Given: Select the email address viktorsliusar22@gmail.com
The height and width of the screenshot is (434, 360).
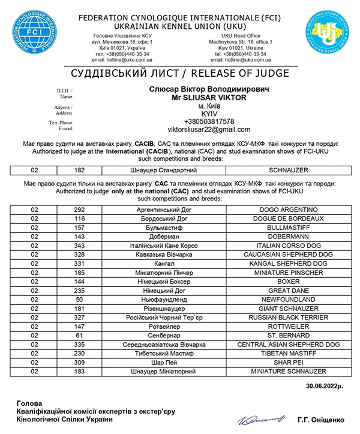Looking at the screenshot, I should (x=200, y=130).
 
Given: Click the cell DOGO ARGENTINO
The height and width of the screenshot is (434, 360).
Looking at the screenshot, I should (x=292, y=209).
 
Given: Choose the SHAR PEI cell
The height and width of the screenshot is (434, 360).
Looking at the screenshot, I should (x=292, y=364).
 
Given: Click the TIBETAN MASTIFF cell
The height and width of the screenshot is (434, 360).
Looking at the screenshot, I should (x=292, y=355).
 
